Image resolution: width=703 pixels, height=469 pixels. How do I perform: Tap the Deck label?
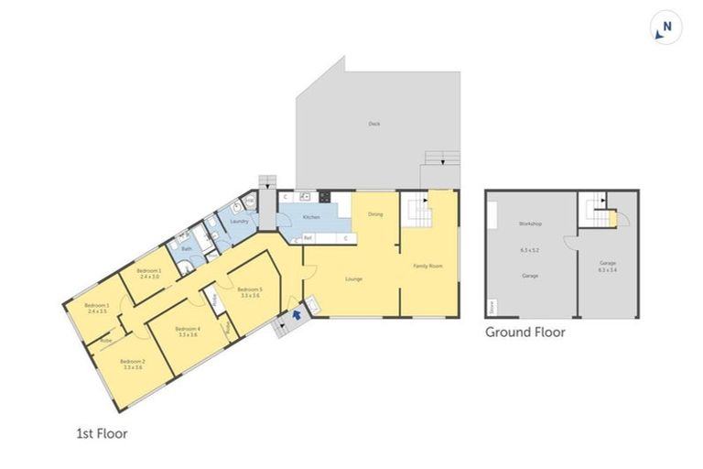coord(373,124)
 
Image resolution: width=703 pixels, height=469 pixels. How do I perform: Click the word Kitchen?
coord(311,217)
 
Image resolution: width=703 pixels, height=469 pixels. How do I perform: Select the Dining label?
coord(375,214)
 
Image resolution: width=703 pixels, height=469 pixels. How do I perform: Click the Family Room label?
coord(427,266)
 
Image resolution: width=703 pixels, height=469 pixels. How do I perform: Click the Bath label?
coord(187,248)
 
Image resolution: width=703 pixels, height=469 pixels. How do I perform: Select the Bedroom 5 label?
coord(249,289)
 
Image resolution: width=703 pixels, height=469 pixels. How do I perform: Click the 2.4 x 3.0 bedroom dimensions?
coord(149,277)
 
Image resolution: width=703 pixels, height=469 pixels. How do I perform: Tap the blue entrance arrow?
coord(296,316)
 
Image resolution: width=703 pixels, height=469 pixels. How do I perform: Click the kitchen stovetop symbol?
coord(324,196)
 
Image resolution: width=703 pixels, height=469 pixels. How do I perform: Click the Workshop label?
coord(530,224)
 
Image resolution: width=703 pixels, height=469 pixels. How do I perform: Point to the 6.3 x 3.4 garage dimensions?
coord(608,269)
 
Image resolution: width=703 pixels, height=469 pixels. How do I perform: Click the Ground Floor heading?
coord(525,333)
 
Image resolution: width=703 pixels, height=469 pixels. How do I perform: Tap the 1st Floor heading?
coord(101,433)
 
